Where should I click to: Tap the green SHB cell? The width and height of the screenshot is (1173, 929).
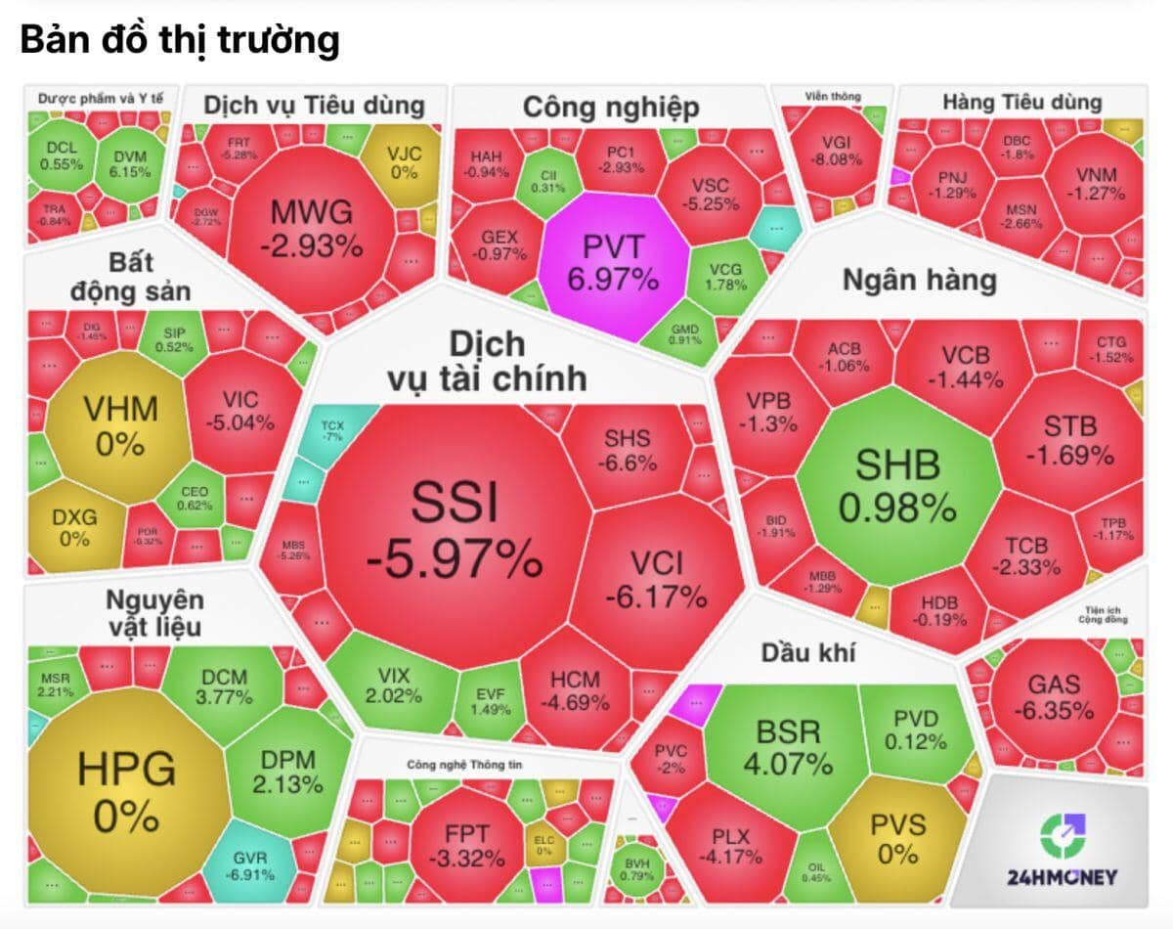896,484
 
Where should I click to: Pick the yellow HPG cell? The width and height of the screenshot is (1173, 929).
127,787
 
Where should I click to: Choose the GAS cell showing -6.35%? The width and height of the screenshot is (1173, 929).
1053,696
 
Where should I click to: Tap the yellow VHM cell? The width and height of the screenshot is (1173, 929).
119,425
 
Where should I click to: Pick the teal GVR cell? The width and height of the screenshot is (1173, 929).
250,863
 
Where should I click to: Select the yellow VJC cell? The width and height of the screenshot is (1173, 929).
402,160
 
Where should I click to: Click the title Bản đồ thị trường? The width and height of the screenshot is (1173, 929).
180,41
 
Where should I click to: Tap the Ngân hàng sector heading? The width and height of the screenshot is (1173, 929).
919,281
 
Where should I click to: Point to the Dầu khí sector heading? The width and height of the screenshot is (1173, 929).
806,651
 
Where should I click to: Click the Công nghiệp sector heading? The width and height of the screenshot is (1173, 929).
611,108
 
